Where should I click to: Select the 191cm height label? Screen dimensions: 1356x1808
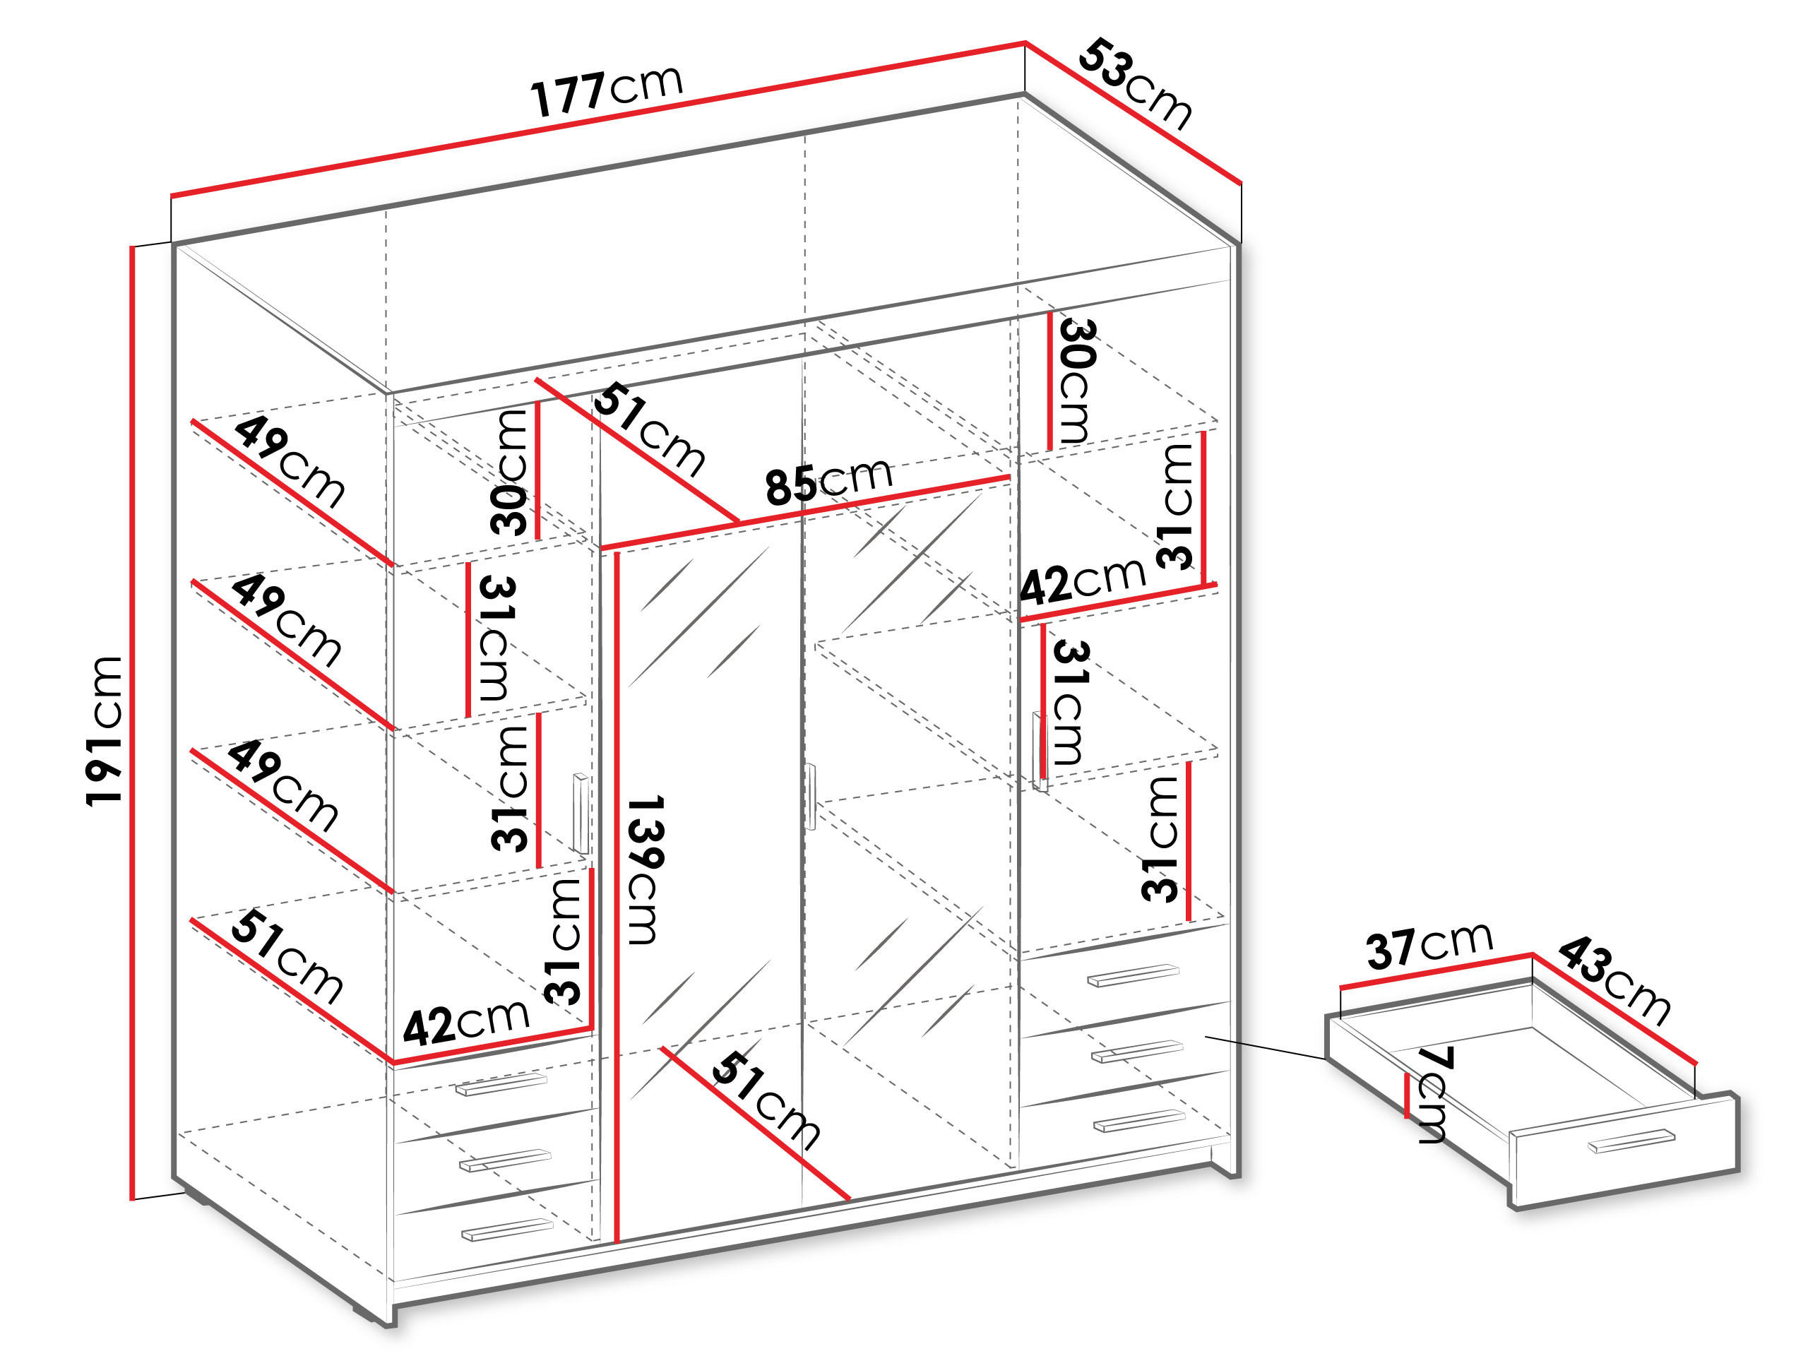[x=105, y=731]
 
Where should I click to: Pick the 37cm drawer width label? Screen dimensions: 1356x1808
[x=1429, y=945]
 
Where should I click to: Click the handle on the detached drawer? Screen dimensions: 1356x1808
[x=1631, y=1142]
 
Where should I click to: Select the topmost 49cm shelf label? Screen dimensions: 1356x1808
[x=289, y=463]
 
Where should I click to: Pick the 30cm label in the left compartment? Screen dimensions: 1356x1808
[x=510, y=472]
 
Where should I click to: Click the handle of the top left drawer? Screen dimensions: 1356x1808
[x=501, y=1085]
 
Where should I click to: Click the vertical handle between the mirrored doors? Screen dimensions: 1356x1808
[x=811, y=796]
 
